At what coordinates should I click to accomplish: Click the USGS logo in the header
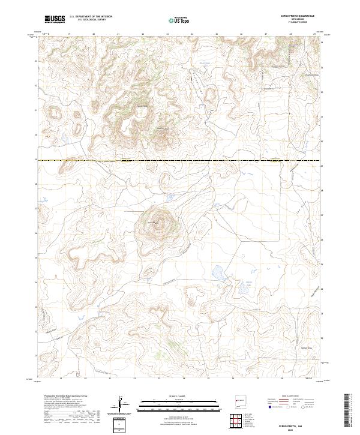[55, 19]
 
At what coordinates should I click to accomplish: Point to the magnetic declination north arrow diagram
[122, 402]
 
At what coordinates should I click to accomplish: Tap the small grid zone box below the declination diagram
[121, 424]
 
